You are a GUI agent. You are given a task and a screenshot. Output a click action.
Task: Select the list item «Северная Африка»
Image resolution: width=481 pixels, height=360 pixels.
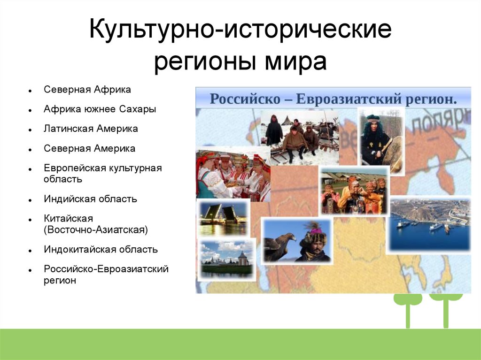point(87,90)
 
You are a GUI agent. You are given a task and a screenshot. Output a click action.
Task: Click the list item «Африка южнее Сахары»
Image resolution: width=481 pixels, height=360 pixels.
point(100,109)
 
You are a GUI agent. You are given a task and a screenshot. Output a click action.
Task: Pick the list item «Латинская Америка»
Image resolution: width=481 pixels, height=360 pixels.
point(91,129)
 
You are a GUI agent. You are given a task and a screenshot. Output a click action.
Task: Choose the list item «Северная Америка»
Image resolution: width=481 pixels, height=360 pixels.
point(89,148)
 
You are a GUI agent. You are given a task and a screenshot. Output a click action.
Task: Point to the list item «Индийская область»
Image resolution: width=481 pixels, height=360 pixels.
point(90,199)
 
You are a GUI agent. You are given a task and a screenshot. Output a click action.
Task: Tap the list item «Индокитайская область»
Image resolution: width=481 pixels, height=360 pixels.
point(101,249)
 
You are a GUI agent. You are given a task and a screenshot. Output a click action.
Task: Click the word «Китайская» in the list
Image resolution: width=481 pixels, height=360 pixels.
point(68,219)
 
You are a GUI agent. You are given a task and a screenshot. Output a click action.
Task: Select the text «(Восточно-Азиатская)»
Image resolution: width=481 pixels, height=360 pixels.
point(96,230)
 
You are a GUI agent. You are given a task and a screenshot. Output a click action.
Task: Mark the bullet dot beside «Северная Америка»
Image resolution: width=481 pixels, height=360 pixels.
point(30,150)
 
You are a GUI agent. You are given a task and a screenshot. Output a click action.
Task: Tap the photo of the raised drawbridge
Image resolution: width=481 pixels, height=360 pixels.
point(223,217)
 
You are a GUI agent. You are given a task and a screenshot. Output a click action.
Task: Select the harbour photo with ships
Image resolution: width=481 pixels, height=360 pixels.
point(429,225)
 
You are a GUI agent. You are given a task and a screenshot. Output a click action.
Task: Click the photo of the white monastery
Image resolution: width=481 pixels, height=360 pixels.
point(226,260)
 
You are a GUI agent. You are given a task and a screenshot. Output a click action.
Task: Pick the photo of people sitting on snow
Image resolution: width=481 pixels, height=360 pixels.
point(300,138)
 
